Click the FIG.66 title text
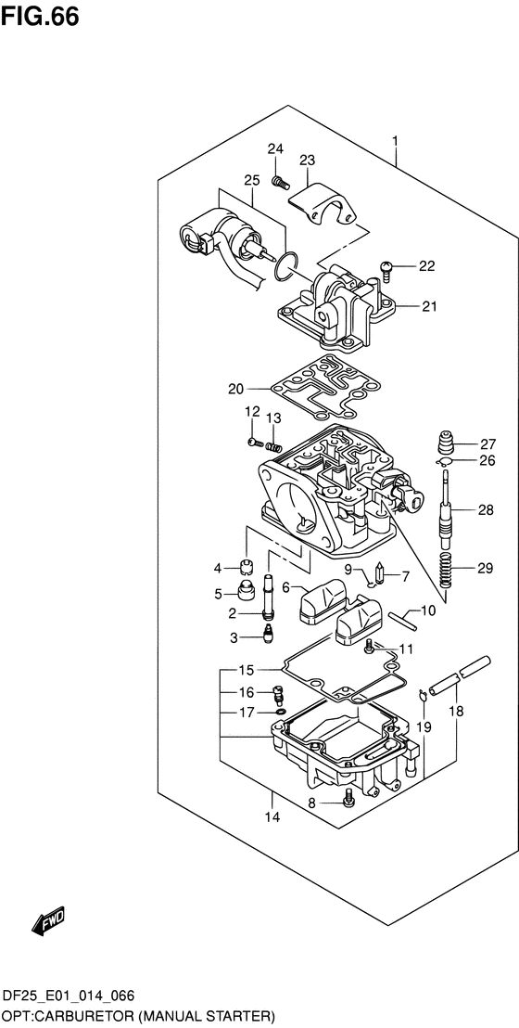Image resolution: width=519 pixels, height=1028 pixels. click(40, 16)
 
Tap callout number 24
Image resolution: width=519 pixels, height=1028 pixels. click(275, 149)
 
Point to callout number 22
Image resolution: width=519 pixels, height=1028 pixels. click(426, 266)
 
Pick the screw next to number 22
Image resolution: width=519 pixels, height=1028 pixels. click(386, 270)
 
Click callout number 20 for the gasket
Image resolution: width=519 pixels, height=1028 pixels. click(236, 389)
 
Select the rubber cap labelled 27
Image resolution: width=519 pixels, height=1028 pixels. click(446, 442)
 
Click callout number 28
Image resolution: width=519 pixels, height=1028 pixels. click(487, 509)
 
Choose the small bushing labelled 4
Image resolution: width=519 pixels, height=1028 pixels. click(247, 567)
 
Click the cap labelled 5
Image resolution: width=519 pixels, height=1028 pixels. click(247, 591)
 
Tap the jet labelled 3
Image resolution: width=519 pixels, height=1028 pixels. click(268, 636)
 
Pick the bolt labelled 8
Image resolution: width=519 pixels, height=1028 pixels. click(348, 798)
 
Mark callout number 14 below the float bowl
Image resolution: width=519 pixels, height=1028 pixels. click(272, 816)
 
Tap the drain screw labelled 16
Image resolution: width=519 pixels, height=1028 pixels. click(278, 694)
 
